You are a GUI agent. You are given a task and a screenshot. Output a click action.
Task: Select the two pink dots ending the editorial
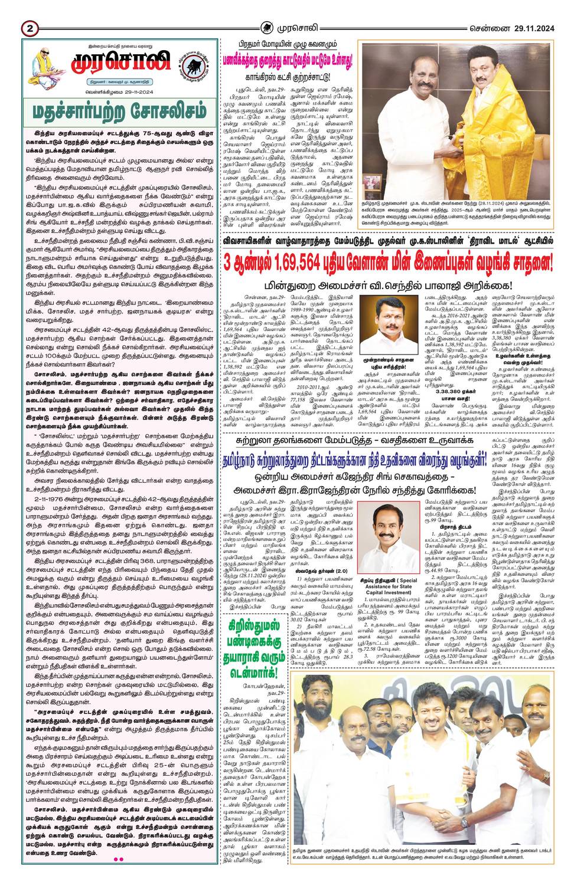point(118,859)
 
